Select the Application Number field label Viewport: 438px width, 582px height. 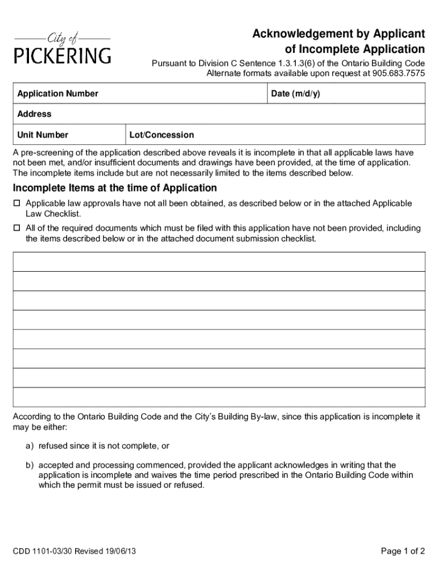click(x=57, y=94)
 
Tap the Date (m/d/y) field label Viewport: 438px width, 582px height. click(x=295, y=94)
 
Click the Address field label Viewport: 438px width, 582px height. click(x=34, y=114)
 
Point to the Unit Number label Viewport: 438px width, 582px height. click(x=43, y=135)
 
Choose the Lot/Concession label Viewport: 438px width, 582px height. click(x=162, y=135)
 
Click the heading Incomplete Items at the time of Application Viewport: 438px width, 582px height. click(x=115, y=188)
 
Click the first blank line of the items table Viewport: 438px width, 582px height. click(x=219, y=262)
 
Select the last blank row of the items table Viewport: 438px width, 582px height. click(x=219, y=397)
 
